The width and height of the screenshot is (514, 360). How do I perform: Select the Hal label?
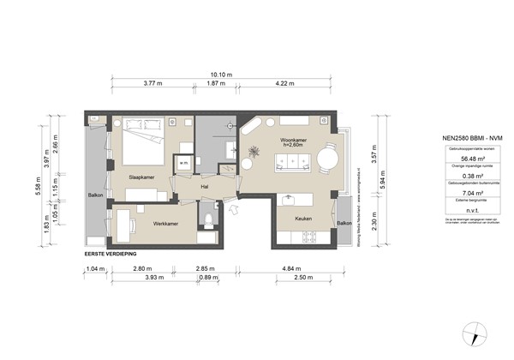pos(205,185)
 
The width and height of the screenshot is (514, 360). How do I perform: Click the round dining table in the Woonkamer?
pos(329,159)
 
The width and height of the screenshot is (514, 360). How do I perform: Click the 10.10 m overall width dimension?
pos(226,75)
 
